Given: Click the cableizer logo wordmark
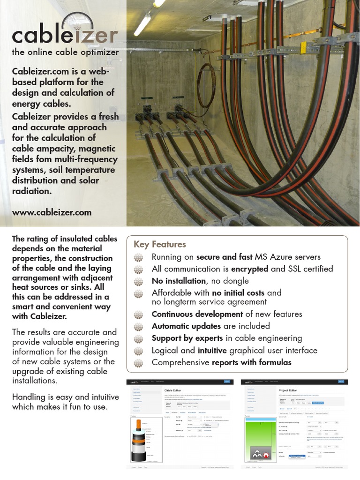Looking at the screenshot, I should tap(65, 35).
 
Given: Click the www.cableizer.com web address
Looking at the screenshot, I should tap(52, 212).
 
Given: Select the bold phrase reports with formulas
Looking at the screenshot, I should tap(252, 363).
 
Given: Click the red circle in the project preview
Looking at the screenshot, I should tap(267, 455).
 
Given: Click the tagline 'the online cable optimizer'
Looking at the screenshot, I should tap(65, 52).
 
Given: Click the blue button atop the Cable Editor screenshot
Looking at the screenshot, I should tap(228, 382).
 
